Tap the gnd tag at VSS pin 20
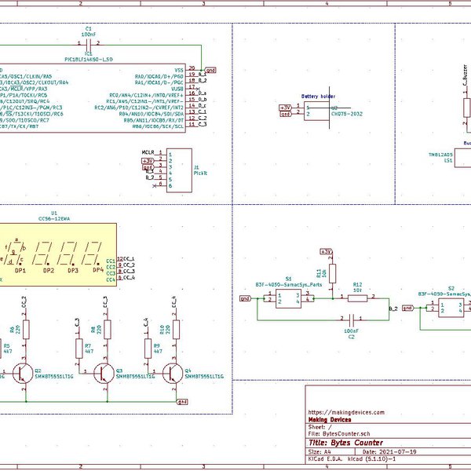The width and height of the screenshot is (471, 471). pos(210,70)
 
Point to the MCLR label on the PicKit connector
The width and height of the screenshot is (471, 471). pos(148,151)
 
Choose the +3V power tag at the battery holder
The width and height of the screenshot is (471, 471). pos(286,107)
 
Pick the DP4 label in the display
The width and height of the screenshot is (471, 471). pos(97,270)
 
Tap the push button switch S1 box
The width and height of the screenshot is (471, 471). pos(288,298)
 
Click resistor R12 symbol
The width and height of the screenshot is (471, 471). pos(357,298)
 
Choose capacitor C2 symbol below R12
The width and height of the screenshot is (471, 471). pos(352,319)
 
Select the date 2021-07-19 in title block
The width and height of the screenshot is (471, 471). pos(398,453)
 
